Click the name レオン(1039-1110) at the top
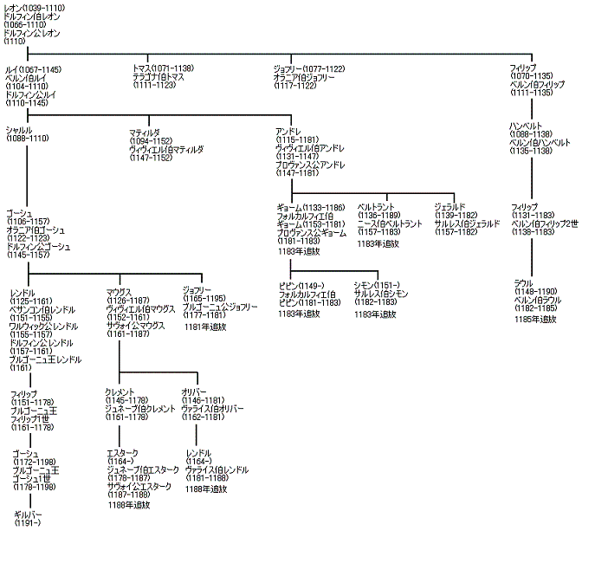point(33,8)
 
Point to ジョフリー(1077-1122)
point(309,68)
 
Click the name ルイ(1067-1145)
point(33,68)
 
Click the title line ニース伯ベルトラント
point(390,223)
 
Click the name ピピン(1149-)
point(301,285)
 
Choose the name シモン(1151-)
point(377,285)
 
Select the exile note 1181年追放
point(205,327)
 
